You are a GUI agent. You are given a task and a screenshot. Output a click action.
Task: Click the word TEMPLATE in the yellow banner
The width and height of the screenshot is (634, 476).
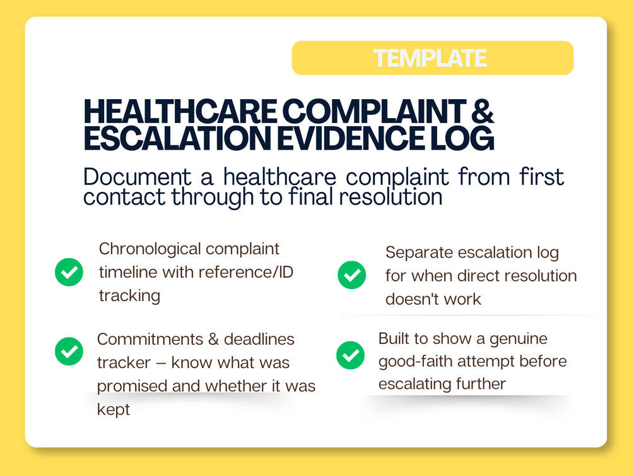click(x=430, y=58)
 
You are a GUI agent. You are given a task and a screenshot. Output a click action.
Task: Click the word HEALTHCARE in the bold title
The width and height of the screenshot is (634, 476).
click(x=180, y=111)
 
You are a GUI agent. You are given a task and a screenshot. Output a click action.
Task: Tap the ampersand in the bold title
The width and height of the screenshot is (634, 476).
click(x=483, y=111)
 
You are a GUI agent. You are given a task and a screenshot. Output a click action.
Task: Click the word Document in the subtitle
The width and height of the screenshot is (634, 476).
click(x=137, y=177)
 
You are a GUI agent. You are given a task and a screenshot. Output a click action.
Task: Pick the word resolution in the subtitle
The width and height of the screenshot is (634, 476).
click(x=390, y=197)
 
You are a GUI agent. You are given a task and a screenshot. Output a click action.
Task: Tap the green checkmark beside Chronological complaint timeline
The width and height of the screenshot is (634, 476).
click(x=69, y=272)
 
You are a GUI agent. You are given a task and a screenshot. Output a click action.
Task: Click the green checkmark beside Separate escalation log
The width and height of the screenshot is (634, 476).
click(x=352, y=275)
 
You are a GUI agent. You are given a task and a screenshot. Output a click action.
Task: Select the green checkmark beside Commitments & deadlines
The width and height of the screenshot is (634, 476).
click(x=69, y=352)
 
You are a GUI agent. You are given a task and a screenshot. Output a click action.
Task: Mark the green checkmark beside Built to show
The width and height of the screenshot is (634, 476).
click(x=351, y=355)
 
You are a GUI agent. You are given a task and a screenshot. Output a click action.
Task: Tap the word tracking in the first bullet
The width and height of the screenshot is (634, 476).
click(x=130, y=296)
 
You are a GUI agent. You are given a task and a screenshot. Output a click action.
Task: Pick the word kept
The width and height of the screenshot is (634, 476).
click(x=113, y=410)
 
